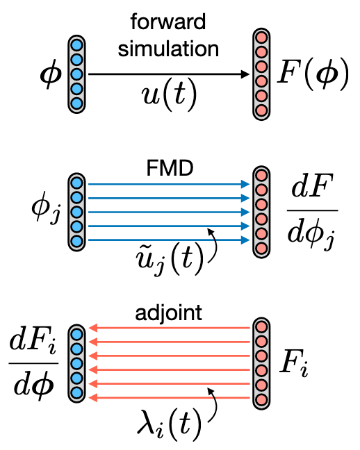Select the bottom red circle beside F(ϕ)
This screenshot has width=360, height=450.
click(x=261, y=110)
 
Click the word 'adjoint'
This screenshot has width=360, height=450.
click(x=170, y=313)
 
